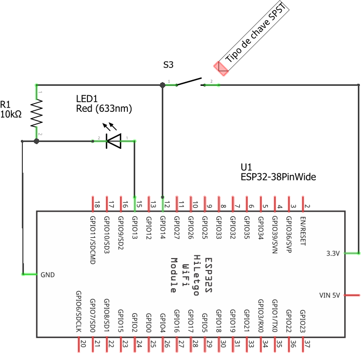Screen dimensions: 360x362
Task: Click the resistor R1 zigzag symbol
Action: click(x=36, y=113)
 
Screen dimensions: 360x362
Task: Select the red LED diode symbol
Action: click(x=113, y=140)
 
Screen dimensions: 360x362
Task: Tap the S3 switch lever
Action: click(x=189, y=82)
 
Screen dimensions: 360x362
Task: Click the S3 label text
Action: click(x=168, y=65)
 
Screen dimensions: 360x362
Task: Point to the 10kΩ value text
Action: click(x=11, y=114)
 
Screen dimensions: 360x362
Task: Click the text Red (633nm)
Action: click(x=104, y=109)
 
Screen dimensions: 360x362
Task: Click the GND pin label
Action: click(x=47, y=274)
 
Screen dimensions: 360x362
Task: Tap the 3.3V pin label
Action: click(x=332, y=253)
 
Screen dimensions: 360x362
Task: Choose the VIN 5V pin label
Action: click(x=329, y=295)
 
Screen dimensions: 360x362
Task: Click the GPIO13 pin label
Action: click(x=135, y=227)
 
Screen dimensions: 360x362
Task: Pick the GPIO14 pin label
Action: click(x=163, y=227)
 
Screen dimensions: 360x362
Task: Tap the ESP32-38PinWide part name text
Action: click(x=278, y=177)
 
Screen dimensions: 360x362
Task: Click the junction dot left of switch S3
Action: click(x=162, y=85)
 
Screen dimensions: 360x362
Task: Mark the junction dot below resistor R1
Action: click(x=36, y=141)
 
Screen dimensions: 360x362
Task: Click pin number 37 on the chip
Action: click(x=307, y=344)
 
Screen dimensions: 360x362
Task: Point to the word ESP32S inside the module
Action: click(x=209, y=275)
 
